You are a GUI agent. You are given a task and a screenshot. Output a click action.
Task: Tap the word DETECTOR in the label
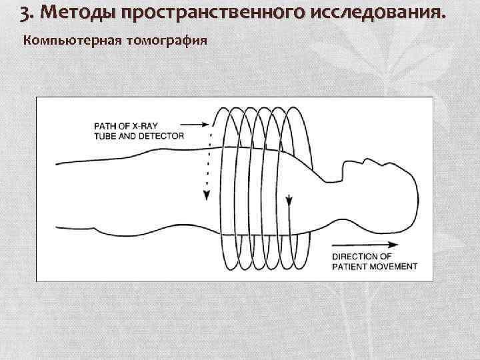click(x=160, y=135)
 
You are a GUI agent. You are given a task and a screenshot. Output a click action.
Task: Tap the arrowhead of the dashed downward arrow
click(x=207, y=195)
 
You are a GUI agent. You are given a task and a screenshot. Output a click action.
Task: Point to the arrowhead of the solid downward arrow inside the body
click(x=288, y=201)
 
